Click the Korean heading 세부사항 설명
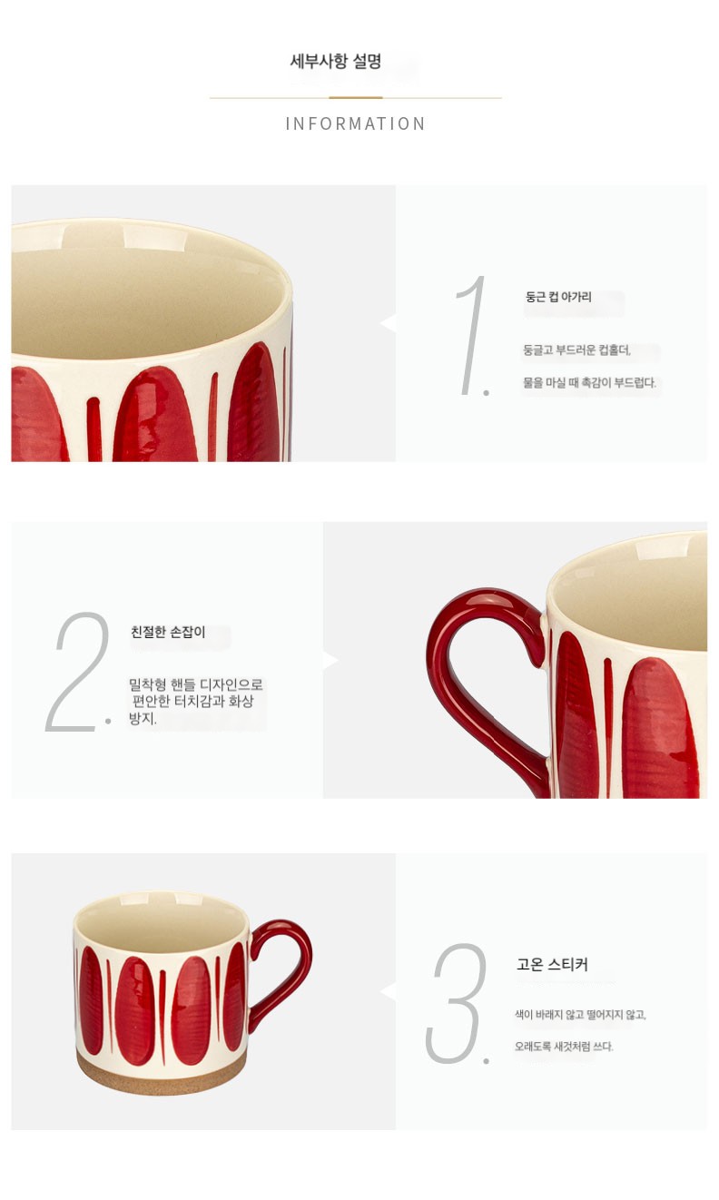(335, 61)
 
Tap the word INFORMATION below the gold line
(355, 123)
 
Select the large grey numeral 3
(458, 1003)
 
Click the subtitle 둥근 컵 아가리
(558, 297)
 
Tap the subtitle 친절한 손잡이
(168, 632)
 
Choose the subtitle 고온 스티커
(552, 965)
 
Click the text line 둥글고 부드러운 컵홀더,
(577, 350)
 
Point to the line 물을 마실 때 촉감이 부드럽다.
(589, 382)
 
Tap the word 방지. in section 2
(143, 718)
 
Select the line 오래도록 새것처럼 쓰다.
(564, 1047)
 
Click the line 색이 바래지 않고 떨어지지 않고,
(580, 1014)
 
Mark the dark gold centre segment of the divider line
(356, 97)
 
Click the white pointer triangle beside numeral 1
(389, 323)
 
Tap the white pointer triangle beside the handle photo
(330, 660)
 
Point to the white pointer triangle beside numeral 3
(389, 992)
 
